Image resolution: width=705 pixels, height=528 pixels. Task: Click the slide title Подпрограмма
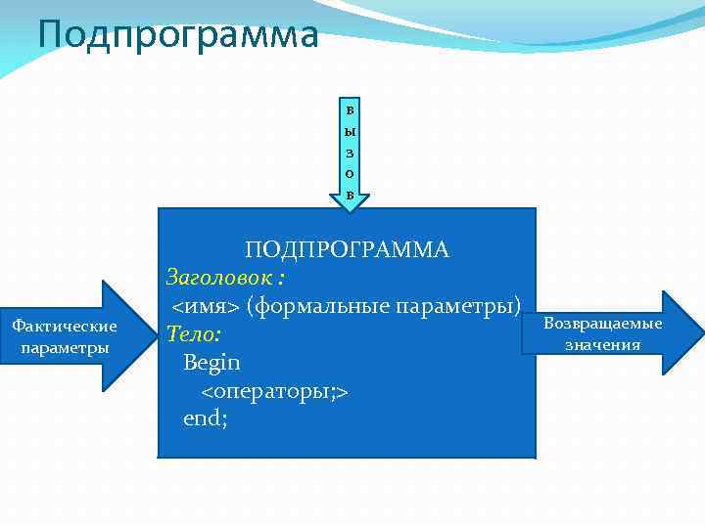[178, 34]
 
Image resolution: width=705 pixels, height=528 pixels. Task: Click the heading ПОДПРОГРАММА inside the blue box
[347, 249]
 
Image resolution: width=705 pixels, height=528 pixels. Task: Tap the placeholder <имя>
[206, 306]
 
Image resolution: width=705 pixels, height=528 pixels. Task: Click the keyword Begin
[211, 363]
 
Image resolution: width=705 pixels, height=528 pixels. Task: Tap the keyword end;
[206, 419]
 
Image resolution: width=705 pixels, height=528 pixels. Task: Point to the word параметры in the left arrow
[64, 348]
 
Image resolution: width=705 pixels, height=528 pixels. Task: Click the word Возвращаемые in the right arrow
[602, 324]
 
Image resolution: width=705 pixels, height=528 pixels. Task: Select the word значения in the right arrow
[602, 344]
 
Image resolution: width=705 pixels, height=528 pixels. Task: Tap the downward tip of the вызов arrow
[351, 208]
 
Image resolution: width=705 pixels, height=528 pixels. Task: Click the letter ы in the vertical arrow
[351, 130]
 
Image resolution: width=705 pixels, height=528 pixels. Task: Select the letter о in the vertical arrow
[351, 173]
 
